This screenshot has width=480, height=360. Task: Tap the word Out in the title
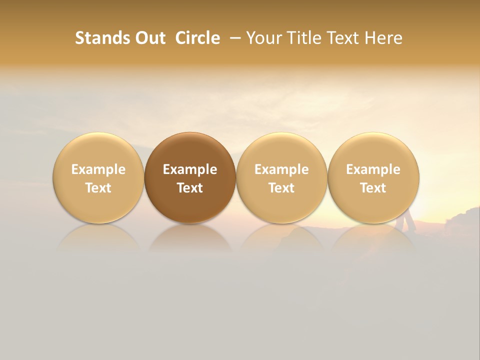pyautogui.click(x=149, y=38)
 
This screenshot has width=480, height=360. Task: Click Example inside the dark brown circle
pyautogui.click(x=190, y=169)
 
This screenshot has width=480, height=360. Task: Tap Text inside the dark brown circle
pyautogui.click(x=190, y=188)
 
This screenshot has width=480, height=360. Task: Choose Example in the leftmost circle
pyautogui.click(x=98, y=169)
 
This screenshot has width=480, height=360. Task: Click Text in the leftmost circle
pyautogui.click(x=98, y=188)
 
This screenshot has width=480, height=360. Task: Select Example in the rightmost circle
pyautogui.click(x=373, y=169)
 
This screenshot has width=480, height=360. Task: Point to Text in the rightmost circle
pyautogui.click(x=373, y=188)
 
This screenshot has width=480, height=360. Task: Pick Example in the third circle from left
pyautogui.click(x=281, y=169)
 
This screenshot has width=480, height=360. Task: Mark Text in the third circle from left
pyautogui.click(x=281, y=188)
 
